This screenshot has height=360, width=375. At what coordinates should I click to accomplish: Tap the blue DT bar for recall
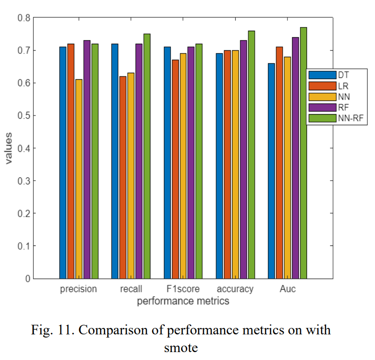[115, 161]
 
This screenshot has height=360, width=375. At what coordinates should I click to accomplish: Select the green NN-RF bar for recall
[147, 156]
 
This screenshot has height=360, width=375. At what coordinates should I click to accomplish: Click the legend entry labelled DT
[344, 75]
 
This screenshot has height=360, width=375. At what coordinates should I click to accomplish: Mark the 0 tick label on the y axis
[28, 278]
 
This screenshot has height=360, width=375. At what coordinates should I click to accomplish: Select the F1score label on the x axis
[183, 289]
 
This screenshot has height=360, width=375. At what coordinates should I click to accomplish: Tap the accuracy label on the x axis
[235, 289]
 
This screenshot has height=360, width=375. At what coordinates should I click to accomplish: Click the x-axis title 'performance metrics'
[183, 301]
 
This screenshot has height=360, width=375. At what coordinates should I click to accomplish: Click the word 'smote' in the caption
[181, 347]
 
